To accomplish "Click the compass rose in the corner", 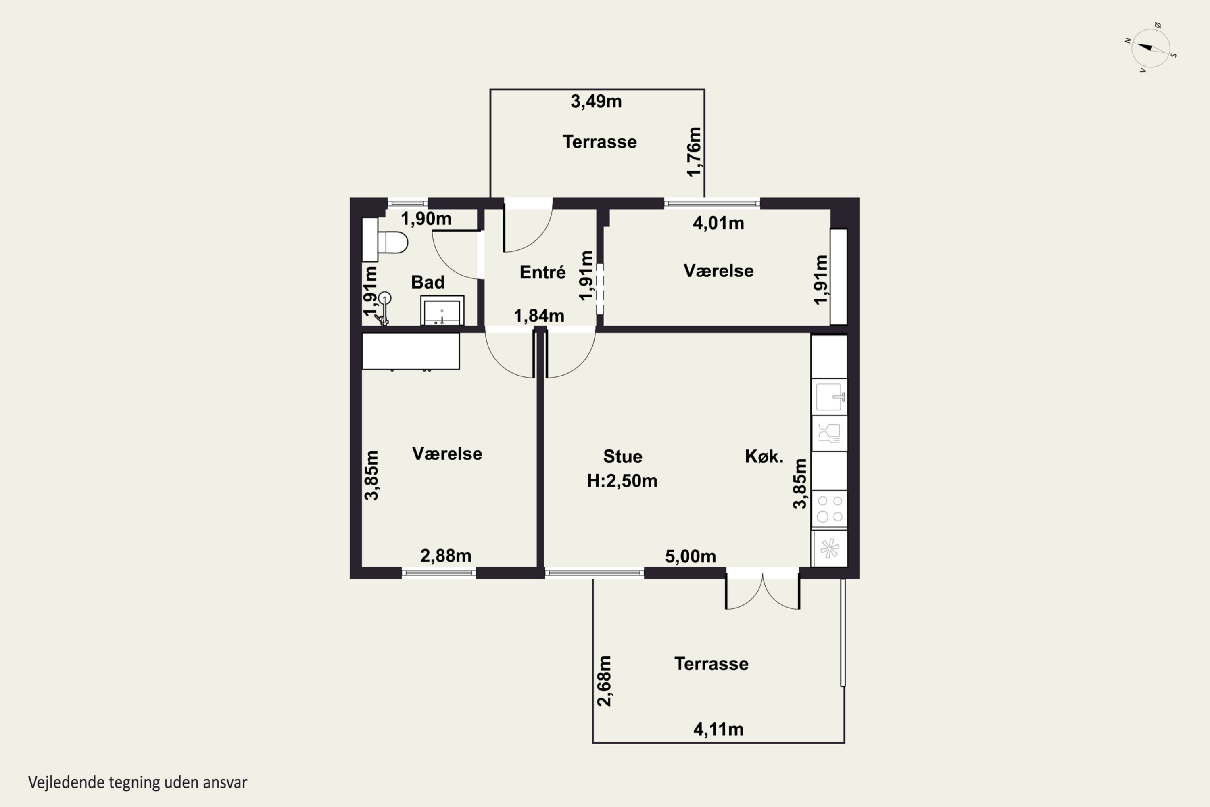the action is click(x=1151, y=48).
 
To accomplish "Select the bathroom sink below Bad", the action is click(x=442, y=310).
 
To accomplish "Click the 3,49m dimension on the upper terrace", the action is click(x=596, y=101).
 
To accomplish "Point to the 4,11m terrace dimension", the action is click(x=718, y=729).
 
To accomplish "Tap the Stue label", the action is click(x=622, y=456).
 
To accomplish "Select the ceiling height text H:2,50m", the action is click(x=622, y=481).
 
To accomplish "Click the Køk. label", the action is click(x=764, y=456).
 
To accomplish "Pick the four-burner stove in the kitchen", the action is click(x=829, y=508).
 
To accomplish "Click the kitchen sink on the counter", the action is click(x=829, y=397).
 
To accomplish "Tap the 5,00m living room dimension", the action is click(x=691, y=556).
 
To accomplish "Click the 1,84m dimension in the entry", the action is click(x=539, y=316).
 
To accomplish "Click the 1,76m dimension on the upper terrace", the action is click(x=694, y=152).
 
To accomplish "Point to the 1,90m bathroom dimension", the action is click(x=426, y=219).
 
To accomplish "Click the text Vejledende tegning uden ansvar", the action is click(x=138, y=782).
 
